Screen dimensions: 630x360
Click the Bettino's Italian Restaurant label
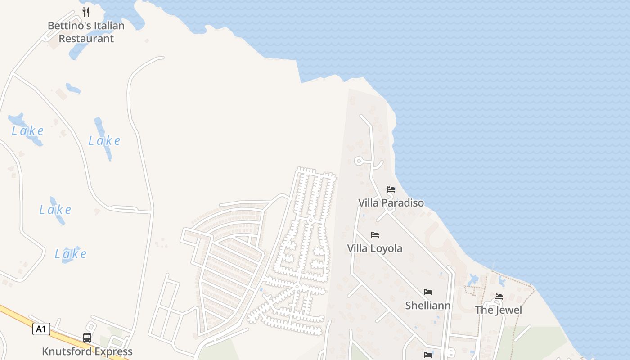(x=86, y=32)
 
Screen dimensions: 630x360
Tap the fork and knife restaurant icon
(x=86, y=12)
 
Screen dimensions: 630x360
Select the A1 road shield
(x=41, y=329)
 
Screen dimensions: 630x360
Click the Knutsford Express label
(x=87, y=351)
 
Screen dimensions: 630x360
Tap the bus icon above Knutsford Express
(x=87, y=337)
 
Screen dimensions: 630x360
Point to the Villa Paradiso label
(x=391, y=203)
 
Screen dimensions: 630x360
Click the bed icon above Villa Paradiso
(x=391, y=189)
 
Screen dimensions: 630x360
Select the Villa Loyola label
(x=375, y=248)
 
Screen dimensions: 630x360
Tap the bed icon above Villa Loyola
(x=375, y=235)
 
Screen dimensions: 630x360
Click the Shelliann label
(x=428, y=306)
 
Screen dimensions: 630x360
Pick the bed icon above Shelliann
(x=428, y=292)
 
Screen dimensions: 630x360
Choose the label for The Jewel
(x=499, y=310)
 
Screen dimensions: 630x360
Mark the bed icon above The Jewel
(x=499, y=297)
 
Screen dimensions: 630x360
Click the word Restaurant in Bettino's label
(x=86, y=39)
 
